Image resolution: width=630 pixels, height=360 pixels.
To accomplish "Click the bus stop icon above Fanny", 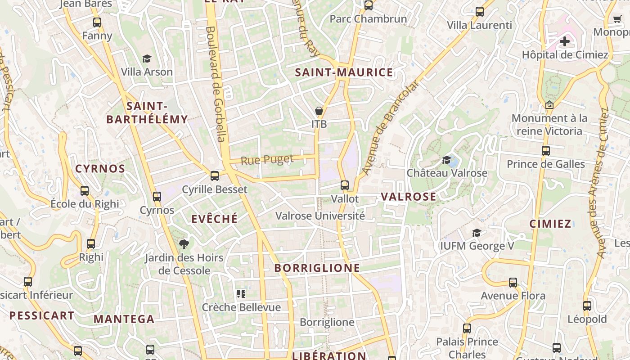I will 97,22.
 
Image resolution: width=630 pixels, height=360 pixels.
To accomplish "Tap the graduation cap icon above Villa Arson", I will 147,59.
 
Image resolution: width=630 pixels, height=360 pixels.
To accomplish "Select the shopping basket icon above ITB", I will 319,111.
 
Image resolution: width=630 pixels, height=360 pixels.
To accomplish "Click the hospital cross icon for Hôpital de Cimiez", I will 565,42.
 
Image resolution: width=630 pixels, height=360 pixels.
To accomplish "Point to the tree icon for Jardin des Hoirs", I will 184,244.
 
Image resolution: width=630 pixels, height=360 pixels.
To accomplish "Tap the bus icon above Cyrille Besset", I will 215,176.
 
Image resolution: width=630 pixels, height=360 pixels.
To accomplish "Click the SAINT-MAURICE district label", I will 344,72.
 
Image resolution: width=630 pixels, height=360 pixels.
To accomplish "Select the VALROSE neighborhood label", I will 409,197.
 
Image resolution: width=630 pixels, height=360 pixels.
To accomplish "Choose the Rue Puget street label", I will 267,160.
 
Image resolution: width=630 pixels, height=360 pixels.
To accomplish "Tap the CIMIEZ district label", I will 550,224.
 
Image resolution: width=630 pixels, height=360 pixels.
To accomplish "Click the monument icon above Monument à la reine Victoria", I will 549,105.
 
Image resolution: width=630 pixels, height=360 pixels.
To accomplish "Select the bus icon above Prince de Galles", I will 546,151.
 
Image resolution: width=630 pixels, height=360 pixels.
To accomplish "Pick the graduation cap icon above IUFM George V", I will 477,233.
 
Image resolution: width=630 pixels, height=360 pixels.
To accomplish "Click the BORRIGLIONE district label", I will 317,268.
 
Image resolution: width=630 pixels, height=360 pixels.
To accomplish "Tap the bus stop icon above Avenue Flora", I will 513,283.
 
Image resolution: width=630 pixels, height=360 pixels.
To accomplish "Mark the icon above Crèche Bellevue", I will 241,294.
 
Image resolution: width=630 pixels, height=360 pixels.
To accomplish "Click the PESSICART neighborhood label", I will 42,315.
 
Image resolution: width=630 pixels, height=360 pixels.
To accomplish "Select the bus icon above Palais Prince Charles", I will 467,328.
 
